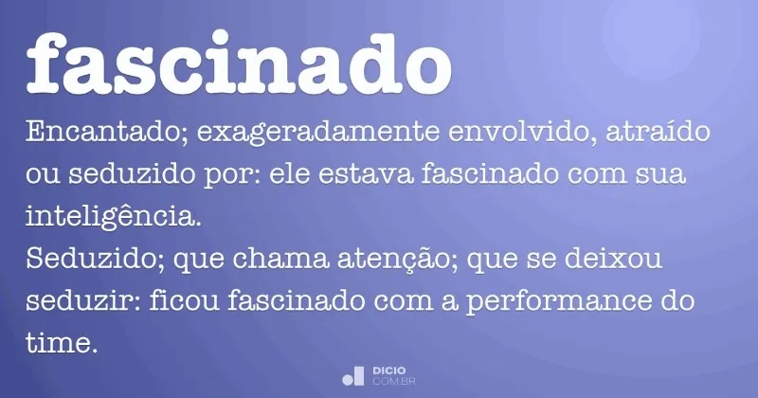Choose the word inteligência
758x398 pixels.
pos(114,218)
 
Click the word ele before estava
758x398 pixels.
pos(296,176)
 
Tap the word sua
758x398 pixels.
pos(659,176)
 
